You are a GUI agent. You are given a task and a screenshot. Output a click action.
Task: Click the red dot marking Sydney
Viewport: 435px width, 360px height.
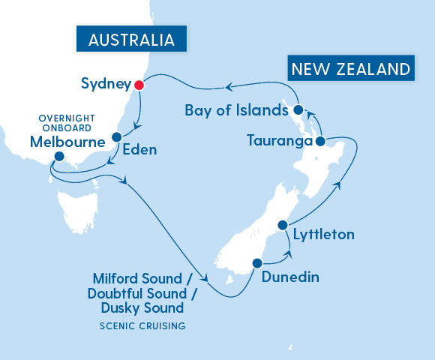tap(138, 85)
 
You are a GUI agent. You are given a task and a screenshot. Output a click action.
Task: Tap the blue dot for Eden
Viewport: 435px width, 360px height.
tap(117, 137)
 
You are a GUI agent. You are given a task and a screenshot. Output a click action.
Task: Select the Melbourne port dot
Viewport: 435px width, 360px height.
tap(59, 157)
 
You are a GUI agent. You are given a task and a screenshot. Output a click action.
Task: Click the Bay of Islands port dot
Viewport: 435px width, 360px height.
tap(298, 110)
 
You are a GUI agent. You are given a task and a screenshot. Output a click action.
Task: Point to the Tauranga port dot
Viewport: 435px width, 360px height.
tap(320, 141)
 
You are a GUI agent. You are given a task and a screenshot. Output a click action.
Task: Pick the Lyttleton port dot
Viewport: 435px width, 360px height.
tap(283, 225)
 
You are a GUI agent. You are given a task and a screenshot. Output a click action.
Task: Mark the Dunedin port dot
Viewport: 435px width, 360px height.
tap(257, 263)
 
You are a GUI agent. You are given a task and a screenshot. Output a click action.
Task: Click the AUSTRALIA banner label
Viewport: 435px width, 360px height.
tap(131, 40)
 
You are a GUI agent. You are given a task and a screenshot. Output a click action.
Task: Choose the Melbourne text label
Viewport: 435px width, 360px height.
tap(61, 141)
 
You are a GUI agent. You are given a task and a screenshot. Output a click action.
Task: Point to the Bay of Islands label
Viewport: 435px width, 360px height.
tap(236, 111)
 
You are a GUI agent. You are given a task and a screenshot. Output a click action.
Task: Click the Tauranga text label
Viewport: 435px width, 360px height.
tap(278, 141)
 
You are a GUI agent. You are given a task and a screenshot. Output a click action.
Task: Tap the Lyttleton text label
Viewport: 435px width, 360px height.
tap(323, 235)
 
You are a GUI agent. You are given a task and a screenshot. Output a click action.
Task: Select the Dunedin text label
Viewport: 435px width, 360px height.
tap(290, 277)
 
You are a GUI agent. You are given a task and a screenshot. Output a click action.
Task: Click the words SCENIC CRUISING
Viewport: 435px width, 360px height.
tap(142, 326)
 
